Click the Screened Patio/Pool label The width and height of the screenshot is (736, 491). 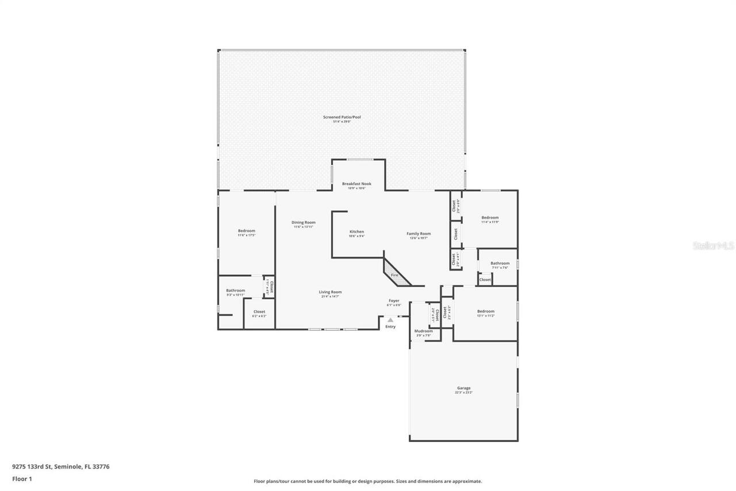click(x=342, y=117)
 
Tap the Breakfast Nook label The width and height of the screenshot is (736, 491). click(x=356, y=184)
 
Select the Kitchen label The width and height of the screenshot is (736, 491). click(x=356, y=231)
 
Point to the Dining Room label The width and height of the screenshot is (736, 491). click(x=303, y=222)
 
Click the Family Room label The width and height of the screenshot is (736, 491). click(x=419, y=233)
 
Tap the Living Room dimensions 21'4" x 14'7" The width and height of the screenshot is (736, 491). click(x=330, y=296)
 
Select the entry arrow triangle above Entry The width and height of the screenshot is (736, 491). click(x=390, y=319)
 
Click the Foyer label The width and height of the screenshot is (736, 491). click(x=394, y=300)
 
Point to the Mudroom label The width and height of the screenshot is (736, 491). click(x=423, y=331)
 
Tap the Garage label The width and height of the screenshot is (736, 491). click(x=463, y=388)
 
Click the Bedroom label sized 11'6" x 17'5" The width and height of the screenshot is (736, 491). click(x=246, y=230)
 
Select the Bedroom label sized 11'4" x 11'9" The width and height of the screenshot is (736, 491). click(x=490, y=217)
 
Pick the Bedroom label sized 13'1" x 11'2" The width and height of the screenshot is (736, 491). click(x=485, y=311)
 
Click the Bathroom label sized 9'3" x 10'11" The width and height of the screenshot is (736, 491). click(x=235, y=290)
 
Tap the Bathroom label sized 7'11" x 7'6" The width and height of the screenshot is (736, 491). click(x=500, y=263)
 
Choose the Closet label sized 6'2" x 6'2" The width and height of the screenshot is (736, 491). click(x=259, y=311)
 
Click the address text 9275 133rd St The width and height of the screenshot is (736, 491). click(x=32, y=467)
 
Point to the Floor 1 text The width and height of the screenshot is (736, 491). click(x=22, y=478)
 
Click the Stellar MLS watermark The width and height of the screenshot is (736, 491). click(x=713, y=246)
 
